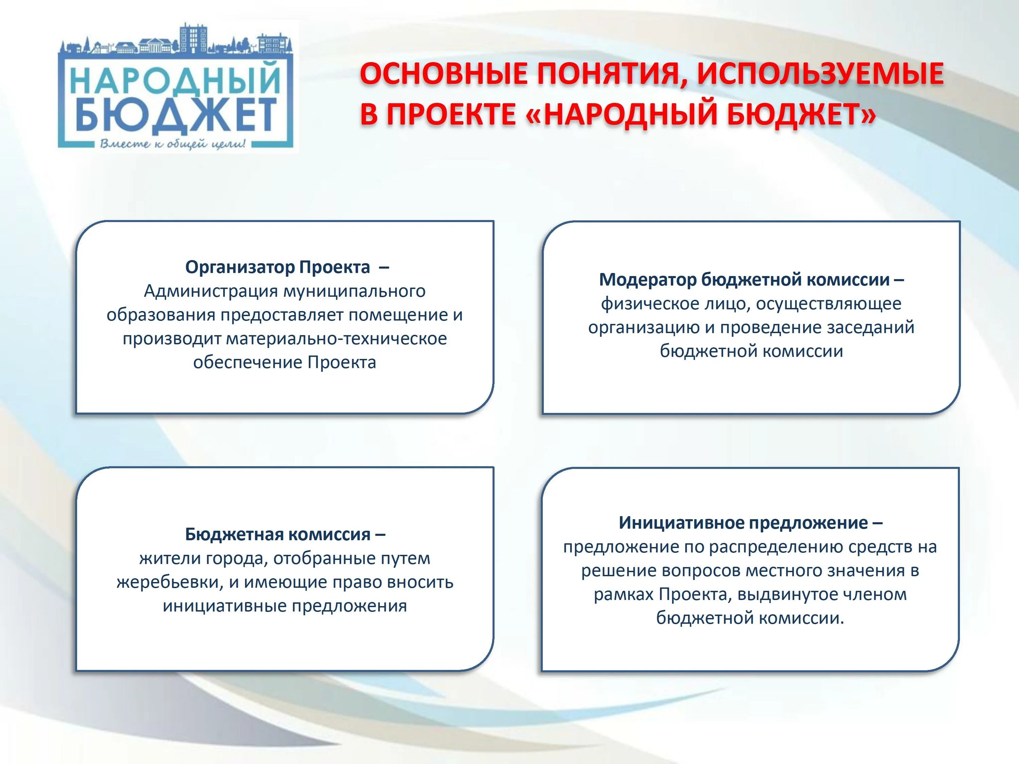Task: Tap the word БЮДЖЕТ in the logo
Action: point(175,114)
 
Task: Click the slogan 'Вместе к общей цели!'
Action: point(173,144)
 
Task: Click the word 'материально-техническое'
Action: point(336,339)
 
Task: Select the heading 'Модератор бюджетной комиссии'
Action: point(744,279)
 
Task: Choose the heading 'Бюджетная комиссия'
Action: point(278,534)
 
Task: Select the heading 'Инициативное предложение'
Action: point(743,523)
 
